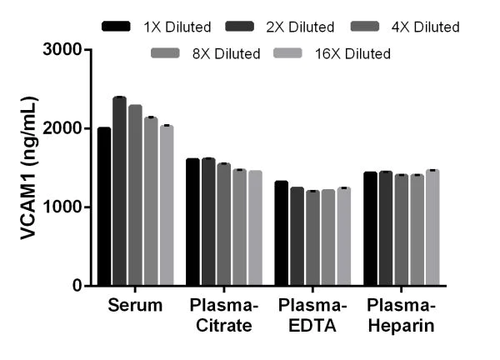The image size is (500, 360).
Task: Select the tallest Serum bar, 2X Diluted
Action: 120,192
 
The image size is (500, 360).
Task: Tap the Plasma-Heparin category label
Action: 400,316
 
